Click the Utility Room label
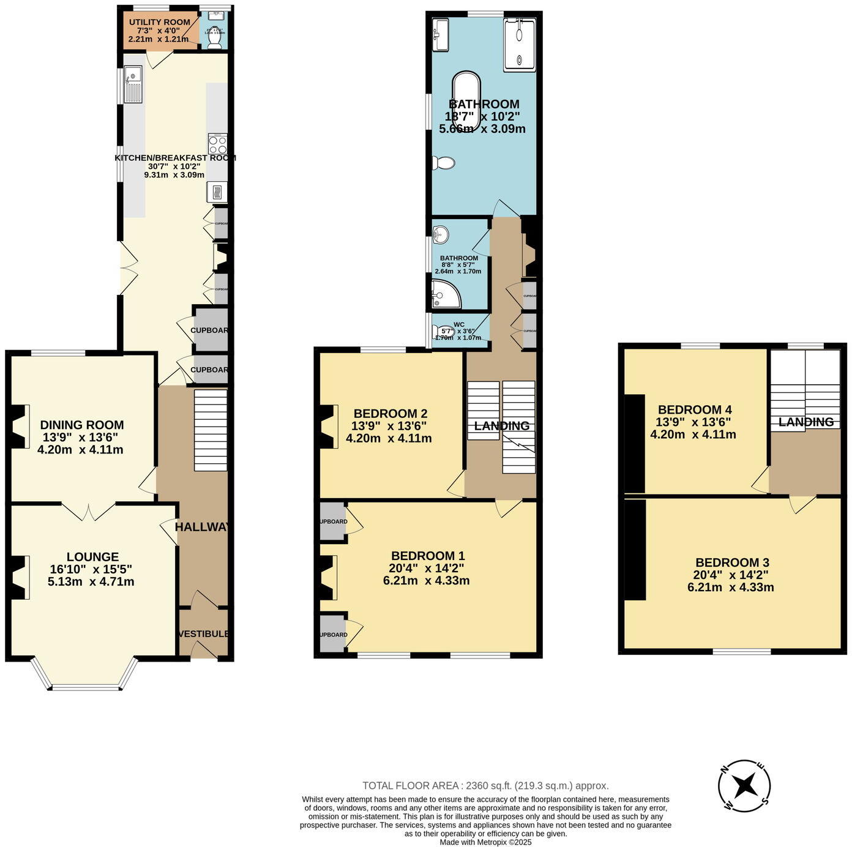coord(159,23)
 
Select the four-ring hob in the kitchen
coord(217,144)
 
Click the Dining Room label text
coord(82,425)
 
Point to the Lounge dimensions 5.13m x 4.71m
coord(91,581)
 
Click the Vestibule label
coord(204,633)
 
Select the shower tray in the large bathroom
coord(520,45)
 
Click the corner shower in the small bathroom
coord(444,294)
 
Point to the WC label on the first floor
coord(459,324)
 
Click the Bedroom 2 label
coord(390,413)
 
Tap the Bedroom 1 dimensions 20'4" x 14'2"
coord(427,568)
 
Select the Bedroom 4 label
coord(694,409)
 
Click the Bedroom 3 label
coord(732,562)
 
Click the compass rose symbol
coord(744,785)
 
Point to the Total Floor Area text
coord(485,786)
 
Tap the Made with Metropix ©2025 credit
coord(485,842)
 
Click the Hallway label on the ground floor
coord(203,527)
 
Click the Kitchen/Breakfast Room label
coord(175,157)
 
